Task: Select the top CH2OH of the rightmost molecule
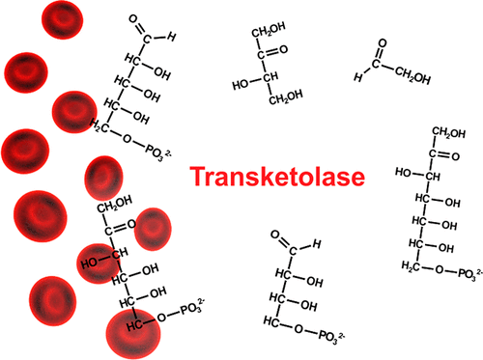pos(449,132)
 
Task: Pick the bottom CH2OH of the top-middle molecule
pos(289,96)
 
